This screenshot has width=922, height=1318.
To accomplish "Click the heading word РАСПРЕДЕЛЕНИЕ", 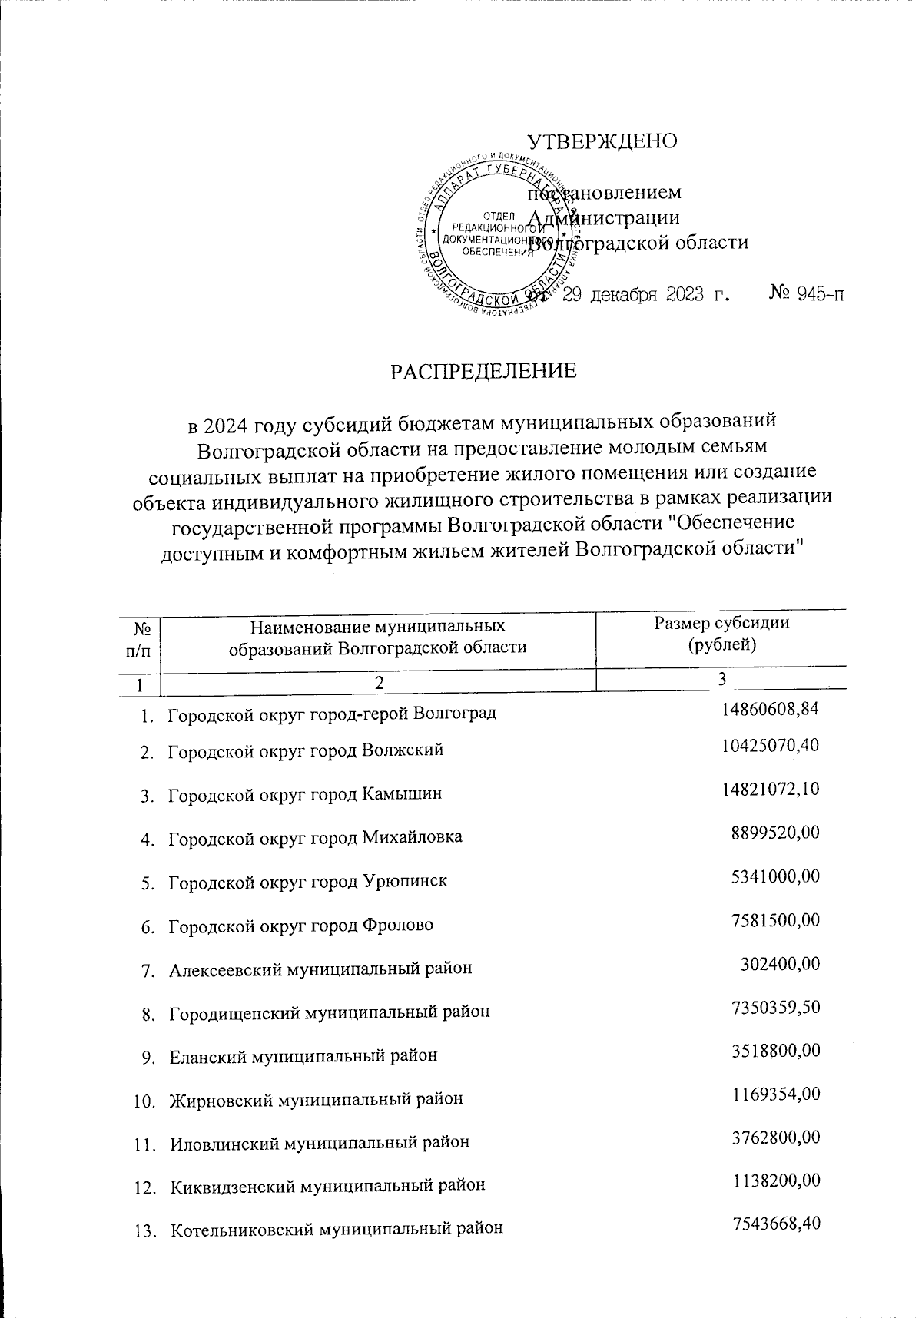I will (x=483, y=372).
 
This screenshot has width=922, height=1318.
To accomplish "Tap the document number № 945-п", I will (x=806, y=294).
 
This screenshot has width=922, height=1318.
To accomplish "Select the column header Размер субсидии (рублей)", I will (x=721, y=634).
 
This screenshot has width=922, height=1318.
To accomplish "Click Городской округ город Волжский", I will (x=306, y=750).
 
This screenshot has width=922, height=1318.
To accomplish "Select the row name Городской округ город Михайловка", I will (x=315, y=837).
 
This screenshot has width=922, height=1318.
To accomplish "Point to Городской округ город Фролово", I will (x=300, y=925).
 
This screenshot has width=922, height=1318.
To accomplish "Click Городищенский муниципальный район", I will (x=329, y=1012).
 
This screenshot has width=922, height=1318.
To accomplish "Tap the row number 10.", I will (x=143, y=1100).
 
